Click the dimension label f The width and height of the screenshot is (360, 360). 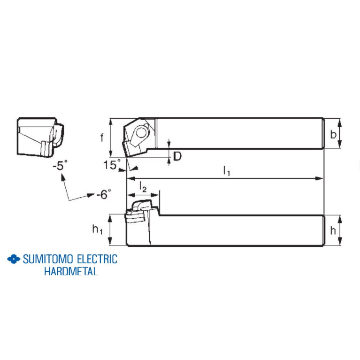[x=102, y=137]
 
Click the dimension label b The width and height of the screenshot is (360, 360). [x=333, y=135]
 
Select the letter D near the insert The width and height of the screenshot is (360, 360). [x=177, y=156]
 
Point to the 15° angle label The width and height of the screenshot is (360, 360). [x=111, y=165]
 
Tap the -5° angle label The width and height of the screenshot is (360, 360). [x=60, y=165]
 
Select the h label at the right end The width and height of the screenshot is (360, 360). [x=332, y=230]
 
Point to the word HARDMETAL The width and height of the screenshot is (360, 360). [x=70, y=271]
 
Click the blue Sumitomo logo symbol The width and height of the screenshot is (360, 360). [x=14, y=259]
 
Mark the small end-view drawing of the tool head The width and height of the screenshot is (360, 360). [x=40, y=136]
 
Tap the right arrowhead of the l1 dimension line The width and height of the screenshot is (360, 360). [x=321, y=179]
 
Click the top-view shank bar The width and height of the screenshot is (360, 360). [x=239, y=134]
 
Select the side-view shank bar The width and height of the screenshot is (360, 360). [x=239, y=230]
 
